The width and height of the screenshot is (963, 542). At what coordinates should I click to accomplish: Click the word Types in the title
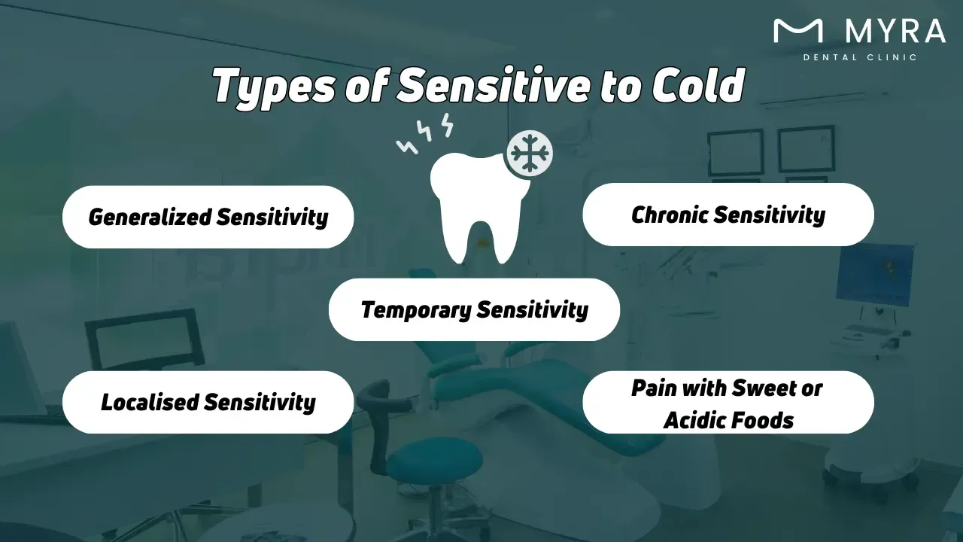click(275, 86)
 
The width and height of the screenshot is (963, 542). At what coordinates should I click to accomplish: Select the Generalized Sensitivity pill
click(208, 217)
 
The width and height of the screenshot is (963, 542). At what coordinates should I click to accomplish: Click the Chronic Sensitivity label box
click(728, 215)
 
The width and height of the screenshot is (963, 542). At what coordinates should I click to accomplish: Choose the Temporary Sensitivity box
click(474, 309)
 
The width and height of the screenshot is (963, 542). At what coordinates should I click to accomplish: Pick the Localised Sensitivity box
click(208, 402)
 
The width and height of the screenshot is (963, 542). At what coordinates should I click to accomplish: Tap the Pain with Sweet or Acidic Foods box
click(728, 403)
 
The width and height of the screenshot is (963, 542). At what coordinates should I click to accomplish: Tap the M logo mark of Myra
click(798, 31)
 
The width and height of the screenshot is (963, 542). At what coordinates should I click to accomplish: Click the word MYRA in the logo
click(895, 31)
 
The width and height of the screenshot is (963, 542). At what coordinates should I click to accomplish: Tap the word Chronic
click(670, 215)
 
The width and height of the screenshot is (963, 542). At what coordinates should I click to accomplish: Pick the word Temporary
click(416, 309)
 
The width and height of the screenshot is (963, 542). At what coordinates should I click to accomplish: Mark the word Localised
click(150, 402)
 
